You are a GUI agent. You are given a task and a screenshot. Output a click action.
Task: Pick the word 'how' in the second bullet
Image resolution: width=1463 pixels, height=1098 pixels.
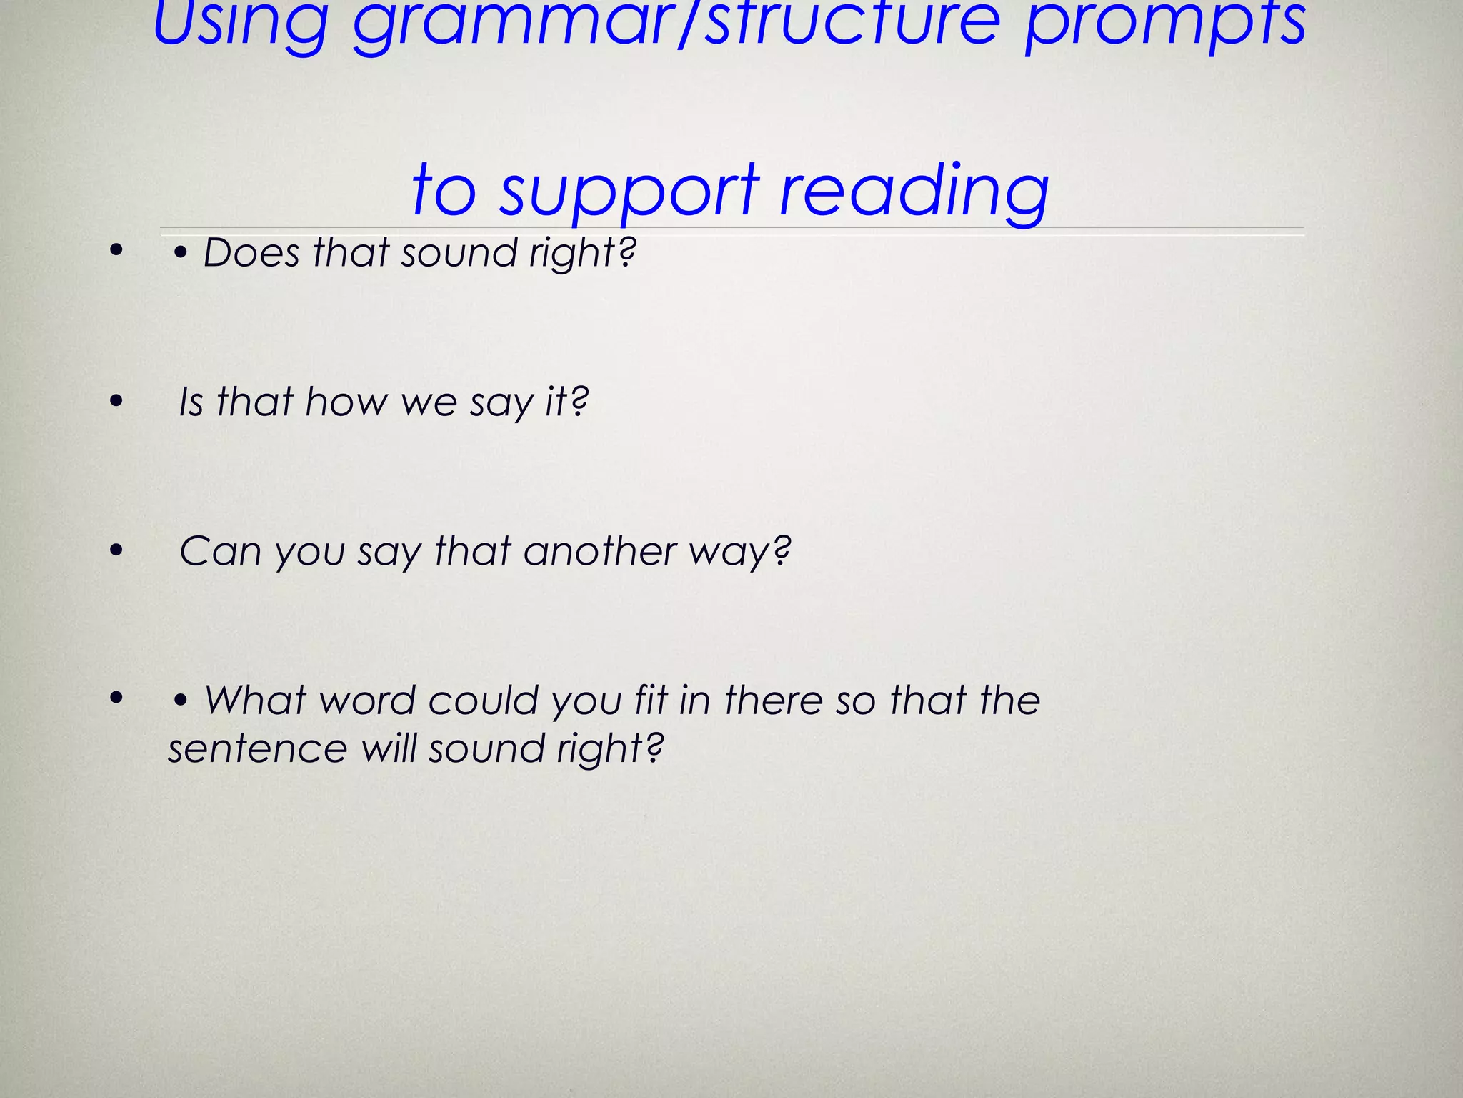coord(346,402)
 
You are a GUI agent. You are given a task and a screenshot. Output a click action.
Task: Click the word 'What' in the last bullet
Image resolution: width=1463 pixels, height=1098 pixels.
coord(256,701)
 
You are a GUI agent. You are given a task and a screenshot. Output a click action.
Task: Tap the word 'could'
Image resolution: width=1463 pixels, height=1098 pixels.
coord(483,701)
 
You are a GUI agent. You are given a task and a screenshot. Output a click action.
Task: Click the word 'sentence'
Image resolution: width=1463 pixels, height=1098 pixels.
coord(257,749)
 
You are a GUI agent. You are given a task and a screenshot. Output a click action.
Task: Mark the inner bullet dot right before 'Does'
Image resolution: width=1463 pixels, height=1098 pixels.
coord(181,253)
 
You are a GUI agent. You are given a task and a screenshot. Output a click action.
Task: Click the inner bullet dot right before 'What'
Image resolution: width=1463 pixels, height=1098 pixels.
coord(181,701)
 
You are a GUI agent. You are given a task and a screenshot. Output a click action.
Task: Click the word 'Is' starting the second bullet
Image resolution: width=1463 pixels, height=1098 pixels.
coord(191,402)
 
